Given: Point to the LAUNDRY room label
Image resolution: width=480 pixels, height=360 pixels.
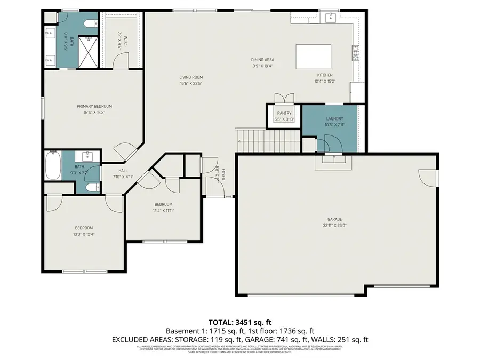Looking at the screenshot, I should pos(334,119).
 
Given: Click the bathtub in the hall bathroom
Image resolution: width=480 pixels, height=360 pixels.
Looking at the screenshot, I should pos(52,166).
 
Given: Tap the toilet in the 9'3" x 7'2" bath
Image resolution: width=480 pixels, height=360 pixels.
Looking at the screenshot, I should pos(91,187).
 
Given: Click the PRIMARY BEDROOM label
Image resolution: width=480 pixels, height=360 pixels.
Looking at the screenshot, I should pos(94,106).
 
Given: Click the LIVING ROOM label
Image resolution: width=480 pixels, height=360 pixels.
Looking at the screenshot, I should pos(190,77).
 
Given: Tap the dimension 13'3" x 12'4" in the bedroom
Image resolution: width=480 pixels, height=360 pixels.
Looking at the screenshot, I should pos(84,234).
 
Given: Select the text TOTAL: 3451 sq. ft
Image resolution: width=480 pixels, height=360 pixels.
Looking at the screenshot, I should pos(239,322).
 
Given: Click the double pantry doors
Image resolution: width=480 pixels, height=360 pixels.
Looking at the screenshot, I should pos(283,98).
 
